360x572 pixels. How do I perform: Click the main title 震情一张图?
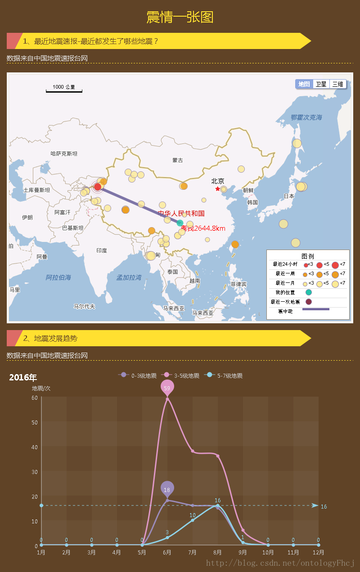[180, 17]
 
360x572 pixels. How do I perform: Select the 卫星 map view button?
[321, 84]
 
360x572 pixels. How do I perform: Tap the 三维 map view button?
[338, 84]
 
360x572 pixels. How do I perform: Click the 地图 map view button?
[304, 84]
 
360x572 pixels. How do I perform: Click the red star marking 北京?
[218, 189]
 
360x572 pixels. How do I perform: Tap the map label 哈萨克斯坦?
[64, 153]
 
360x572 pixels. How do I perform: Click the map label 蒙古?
[178, 160]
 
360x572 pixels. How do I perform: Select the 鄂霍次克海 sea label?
[306, 117]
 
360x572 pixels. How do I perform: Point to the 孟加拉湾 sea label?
[129, 277]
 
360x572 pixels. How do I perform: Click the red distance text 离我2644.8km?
[203, 228]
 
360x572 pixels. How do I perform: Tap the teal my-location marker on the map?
[180, 223]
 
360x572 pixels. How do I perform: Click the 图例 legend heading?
[308, 256]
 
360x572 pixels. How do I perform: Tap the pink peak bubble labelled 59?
[167, 388]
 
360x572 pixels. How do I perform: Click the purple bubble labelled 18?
[167, 489]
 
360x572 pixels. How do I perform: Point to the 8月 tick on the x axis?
[217, 552]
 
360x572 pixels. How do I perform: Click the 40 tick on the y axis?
[35, 447]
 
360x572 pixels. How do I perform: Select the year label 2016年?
[23, 377]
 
